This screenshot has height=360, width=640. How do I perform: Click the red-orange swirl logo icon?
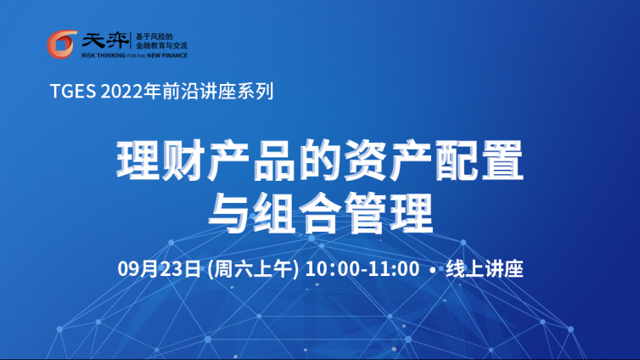[61, 44]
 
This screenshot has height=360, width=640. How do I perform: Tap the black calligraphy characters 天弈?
[105, 41]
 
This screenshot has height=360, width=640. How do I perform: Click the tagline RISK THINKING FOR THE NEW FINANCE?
[134, 55]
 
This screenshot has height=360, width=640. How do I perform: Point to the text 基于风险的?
[154, 37]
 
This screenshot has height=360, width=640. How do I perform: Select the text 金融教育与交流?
[161, 46]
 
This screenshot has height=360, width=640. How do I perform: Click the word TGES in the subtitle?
[73, 91]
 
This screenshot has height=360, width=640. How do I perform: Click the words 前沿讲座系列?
[217, 91]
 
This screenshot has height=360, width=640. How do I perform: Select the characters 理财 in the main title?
[161, 160]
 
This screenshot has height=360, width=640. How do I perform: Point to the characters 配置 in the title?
[479, 160]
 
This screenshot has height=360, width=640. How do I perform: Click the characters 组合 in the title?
[297, 212]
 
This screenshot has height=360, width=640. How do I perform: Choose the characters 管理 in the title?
[388, 212]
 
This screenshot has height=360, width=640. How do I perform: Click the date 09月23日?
[160, 269]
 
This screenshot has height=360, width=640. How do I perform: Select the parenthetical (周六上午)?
[253, 269]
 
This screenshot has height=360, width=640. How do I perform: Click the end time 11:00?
[394, 269]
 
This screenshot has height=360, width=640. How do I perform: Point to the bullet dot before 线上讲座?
[433, 270]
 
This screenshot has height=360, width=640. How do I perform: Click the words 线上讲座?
[485, 269]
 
